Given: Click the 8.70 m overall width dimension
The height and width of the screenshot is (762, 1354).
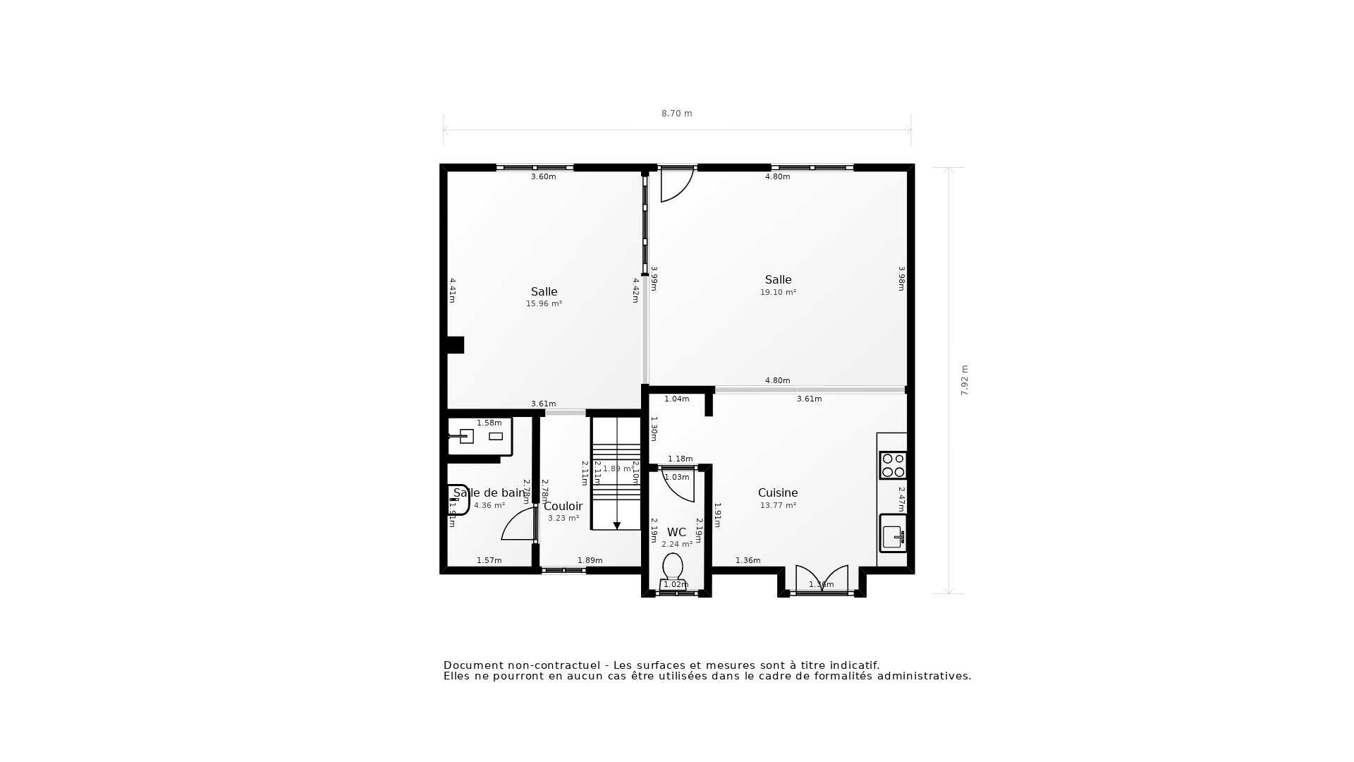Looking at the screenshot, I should tap(676, 114).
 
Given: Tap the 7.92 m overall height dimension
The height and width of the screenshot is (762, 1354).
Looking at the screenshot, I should tap(965, 380).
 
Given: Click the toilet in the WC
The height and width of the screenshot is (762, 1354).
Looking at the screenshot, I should tap(673, 568).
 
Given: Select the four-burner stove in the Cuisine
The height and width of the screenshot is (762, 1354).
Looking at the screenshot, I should tap(893, 466).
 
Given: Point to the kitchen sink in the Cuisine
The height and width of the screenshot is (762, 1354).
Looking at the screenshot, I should tap(893, 535).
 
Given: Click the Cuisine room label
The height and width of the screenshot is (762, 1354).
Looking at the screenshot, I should tap(778, 493).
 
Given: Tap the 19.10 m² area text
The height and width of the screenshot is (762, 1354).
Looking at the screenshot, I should tap(778, 292).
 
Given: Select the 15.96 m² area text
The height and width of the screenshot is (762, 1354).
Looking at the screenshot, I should tap(544, 304).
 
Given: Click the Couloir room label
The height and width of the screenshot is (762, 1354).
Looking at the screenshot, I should tap(563, 507).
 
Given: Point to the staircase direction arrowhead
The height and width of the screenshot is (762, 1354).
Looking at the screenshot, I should tap(617, 526).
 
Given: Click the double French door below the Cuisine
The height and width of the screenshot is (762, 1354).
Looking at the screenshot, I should tap(822, 580).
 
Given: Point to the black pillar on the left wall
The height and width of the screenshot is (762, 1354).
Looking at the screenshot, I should tap(455, 345).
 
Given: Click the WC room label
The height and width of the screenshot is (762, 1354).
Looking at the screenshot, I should tap(676, 533).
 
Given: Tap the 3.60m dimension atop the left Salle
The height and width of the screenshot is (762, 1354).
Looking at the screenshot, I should tap(543, 177).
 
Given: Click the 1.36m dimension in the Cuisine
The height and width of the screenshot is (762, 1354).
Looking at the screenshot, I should tap(748, 561).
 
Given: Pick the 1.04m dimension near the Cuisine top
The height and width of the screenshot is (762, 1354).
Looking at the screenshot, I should tap(676, 399).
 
